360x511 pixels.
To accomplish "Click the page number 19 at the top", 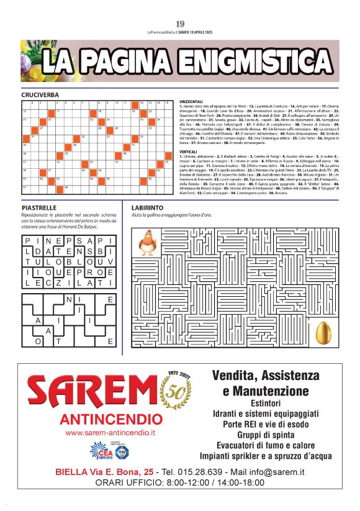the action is click(179, 24).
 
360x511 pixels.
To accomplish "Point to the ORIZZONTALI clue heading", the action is click(191, 101).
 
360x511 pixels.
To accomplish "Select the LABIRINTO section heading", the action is click(148, 207).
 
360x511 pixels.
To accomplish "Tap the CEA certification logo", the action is click(101, 450).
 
